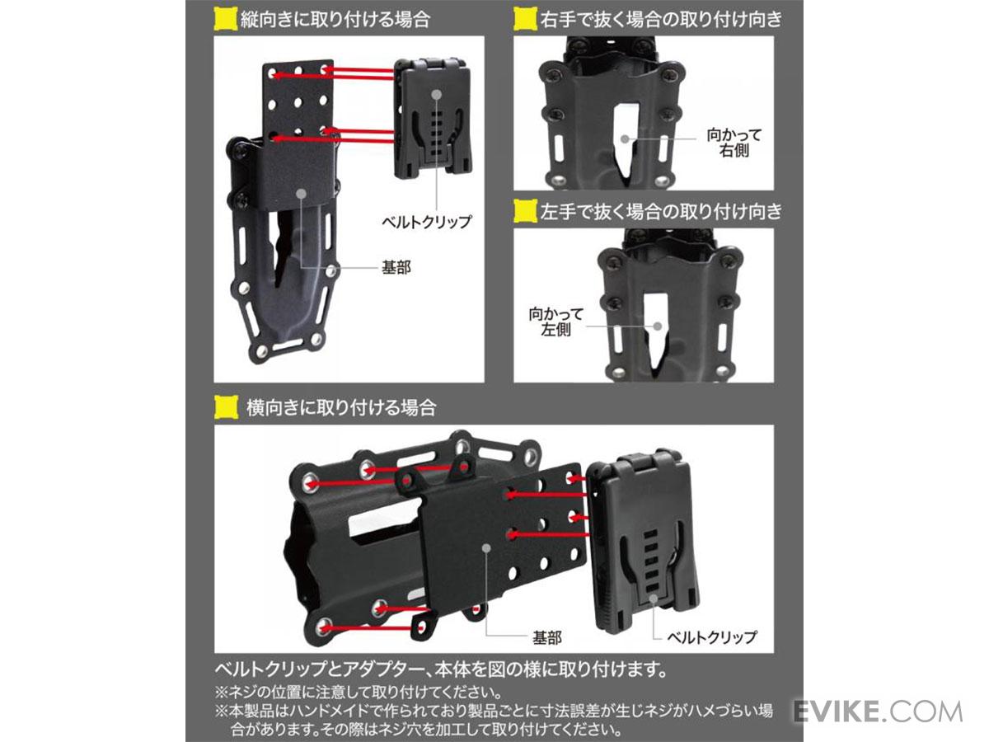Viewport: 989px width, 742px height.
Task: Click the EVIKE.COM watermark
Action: [x=878, y=711]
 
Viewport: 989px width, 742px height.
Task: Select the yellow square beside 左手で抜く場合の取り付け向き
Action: [x=525, y=211]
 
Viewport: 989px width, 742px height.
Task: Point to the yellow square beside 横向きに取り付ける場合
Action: [x=226, y=407]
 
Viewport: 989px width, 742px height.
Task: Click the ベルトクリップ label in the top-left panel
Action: [x=426, y=222]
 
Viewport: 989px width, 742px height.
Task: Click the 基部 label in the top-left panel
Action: [x=396, y=268]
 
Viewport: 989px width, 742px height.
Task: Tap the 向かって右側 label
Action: [x=734, y=143]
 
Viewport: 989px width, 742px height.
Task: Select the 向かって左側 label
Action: [x=556, y=322]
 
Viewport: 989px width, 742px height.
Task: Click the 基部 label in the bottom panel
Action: [x=547, y=637]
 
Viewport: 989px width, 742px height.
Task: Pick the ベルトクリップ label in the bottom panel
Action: [x=712, y=637]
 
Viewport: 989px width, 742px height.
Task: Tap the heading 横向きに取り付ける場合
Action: [x=341, y=407]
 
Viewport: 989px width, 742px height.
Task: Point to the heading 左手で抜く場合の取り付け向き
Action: [x=662, y=211]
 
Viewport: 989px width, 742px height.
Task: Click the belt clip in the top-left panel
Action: [x=433, y=120]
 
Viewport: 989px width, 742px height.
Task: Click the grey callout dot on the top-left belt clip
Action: [x=436, y=95]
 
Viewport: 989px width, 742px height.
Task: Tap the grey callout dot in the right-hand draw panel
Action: [x=625, y=139]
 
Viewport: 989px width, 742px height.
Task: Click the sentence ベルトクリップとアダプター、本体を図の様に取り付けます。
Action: [x=441, y=669]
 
